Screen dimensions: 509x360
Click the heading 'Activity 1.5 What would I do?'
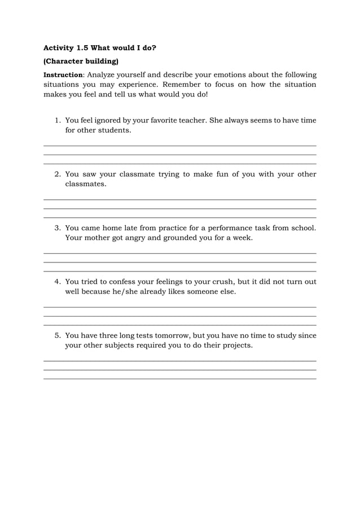click(x=100, y=48)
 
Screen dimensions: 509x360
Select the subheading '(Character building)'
click(x=81, y=61)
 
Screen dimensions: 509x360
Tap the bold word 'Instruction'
click(x=63, y=74)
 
